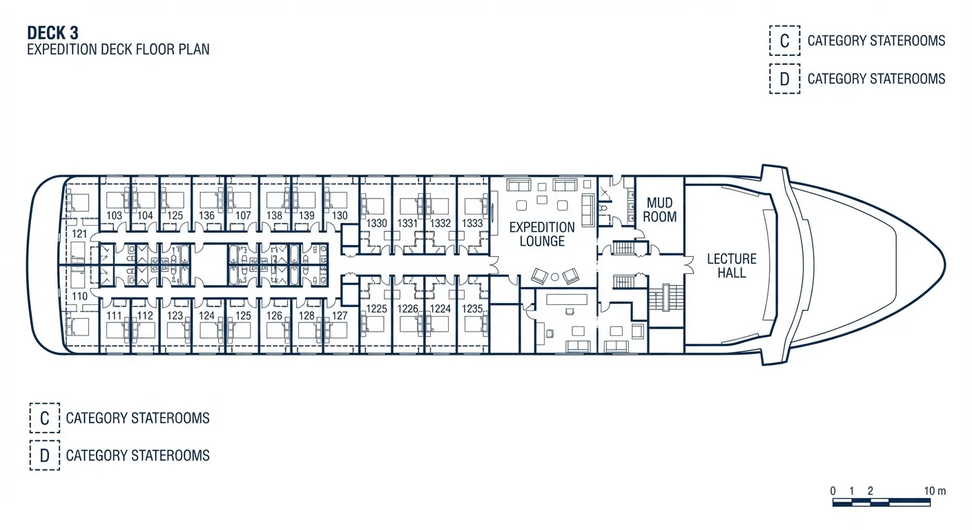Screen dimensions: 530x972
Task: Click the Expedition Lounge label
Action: tap(542, 234)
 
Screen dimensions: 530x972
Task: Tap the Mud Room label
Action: tap(660, 210)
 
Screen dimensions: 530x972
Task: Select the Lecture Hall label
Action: tap(732, 265)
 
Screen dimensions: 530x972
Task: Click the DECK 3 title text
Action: tap(52, 33)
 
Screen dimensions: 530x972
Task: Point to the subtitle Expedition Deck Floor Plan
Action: tap(118, 50)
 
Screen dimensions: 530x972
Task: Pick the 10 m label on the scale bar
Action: tap(935, 491)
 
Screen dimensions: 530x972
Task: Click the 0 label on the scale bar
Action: tap(833, 491)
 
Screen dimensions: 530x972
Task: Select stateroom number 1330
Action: tap(376, 224)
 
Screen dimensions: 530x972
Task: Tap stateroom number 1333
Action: tap(472, 224)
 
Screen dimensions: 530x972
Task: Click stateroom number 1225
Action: tap(376, 308)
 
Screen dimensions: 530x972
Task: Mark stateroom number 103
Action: tap(115, 215)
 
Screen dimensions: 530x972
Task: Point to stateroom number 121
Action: tap(79, 234)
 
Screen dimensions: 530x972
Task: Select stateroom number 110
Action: tap(79, 296)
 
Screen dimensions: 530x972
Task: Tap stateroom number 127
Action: tap(340, 315)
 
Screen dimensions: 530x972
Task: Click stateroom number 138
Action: tap(274, 215)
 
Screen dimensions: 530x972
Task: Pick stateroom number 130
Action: tap(340, 215)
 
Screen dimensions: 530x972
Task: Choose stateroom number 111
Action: tap(115, 315)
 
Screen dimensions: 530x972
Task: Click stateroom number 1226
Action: tap(408, 308)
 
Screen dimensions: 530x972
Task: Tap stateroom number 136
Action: tap(206, 215)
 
